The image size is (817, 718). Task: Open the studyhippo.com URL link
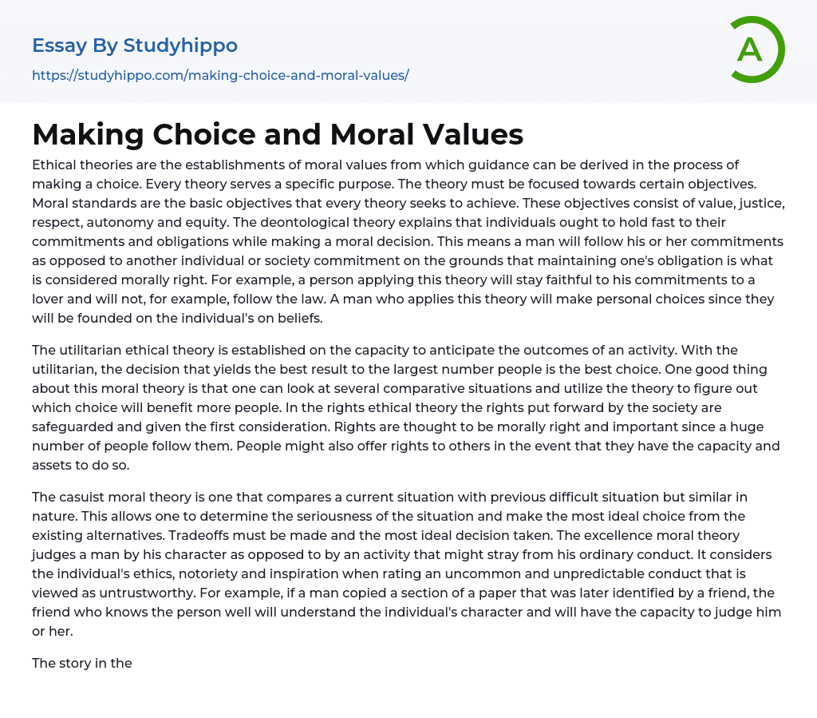[x=220, y=75]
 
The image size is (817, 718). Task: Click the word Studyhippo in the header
[x=180, y=46]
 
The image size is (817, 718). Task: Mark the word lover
[x=52, y=299]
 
